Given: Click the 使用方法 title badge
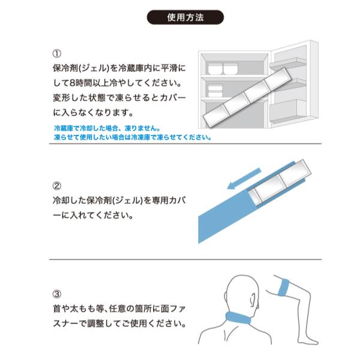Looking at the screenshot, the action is click(x=185, y=17).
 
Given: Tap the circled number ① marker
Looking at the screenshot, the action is click(x=57, y=53).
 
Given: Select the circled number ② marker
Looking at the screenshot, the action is click(x=57, y=186).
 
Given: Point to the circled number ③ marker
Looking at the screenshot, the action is click(x=57, y=294).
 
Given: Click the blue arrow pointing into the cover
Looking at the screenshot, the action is click(x=244, y=178).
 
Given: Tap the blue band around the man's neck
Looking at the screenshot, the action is click(x=238, y=318).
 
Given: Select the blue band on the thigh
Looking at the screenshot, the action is click(x=284, y=287).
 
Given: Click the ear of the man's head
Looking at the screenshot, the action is click(x=253, y=299).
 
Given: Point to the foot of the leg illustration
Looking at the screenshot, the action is click(x=309, y=341).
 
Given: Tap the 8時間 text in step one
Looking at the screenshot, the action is click(x=81, y=83).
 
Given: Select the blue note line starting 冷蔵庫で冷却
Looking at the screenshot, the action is click(x=107, y=128).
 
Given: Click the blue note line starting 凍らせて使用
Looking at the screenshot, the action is click(x=133, y=137).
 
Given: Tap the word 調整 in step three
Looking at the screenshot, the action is click(x=96, y=323).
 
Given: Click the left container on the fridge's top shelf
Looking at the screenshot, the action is click(x=215, y=68).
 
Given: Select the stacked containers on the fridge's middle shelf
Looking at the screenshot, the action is click(x=215, y=91).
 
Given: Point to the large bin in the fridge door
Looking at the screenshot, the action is click(x=287, y=110).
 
